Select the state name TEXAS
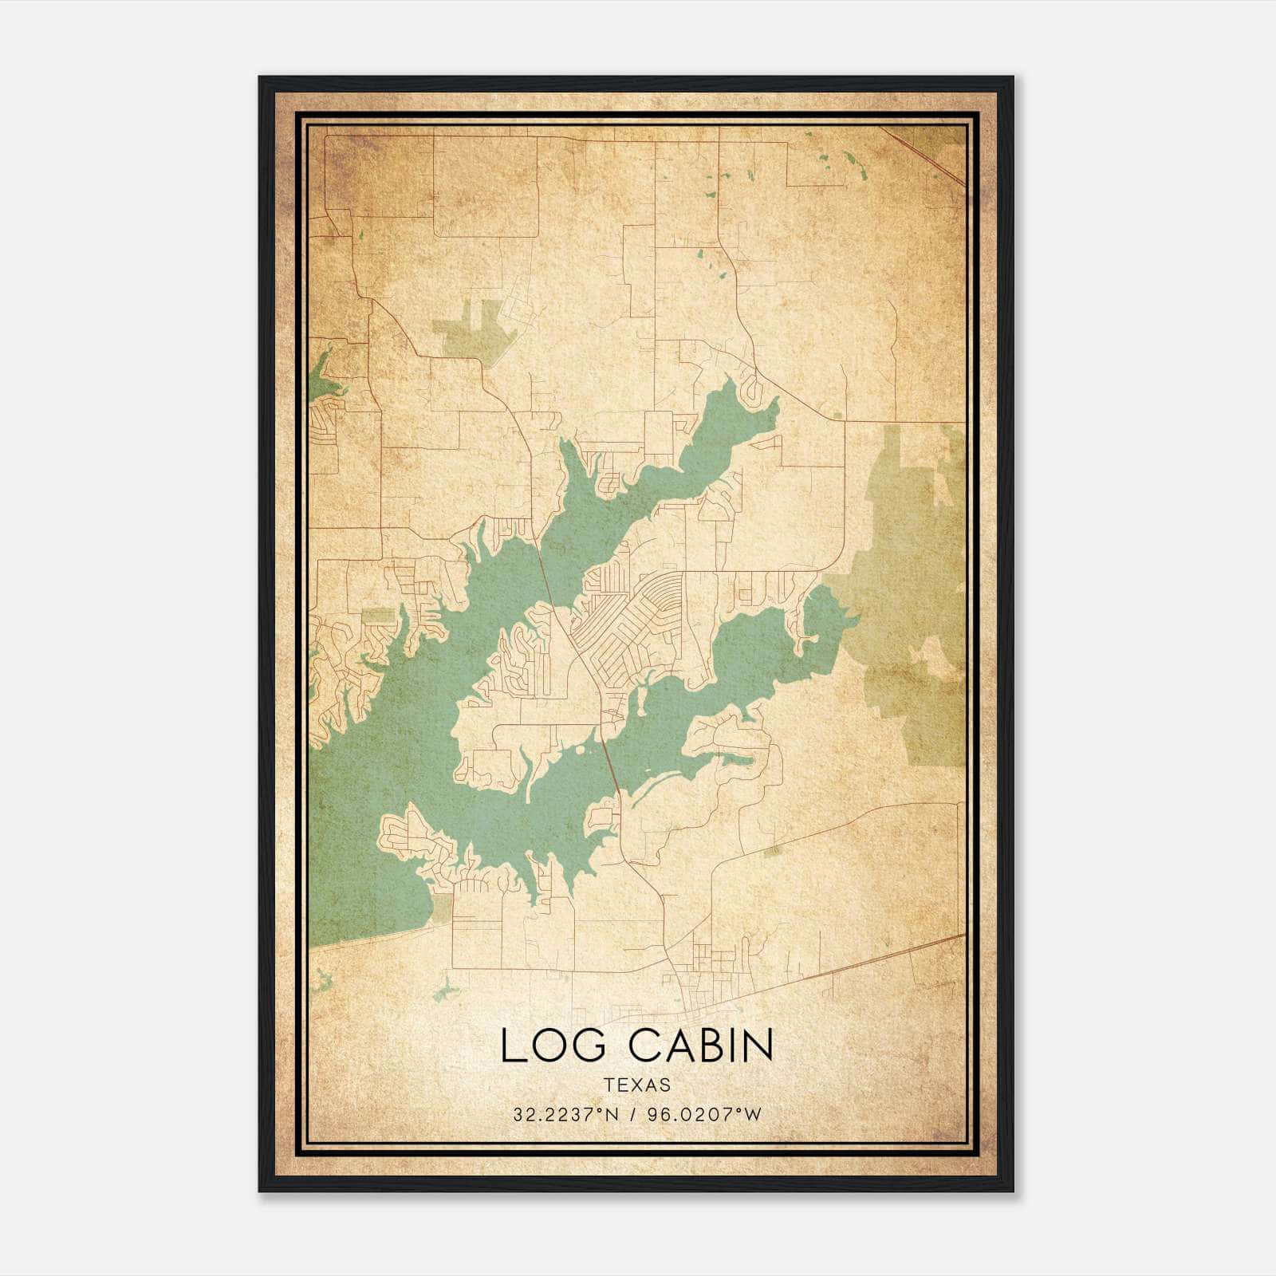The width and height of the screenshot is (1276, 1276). [637, 1085]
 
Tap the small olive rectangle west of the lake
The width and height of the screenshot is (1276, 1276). [379, 615]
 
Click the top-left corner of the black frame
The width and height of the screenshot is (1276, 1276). [261, 78]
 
